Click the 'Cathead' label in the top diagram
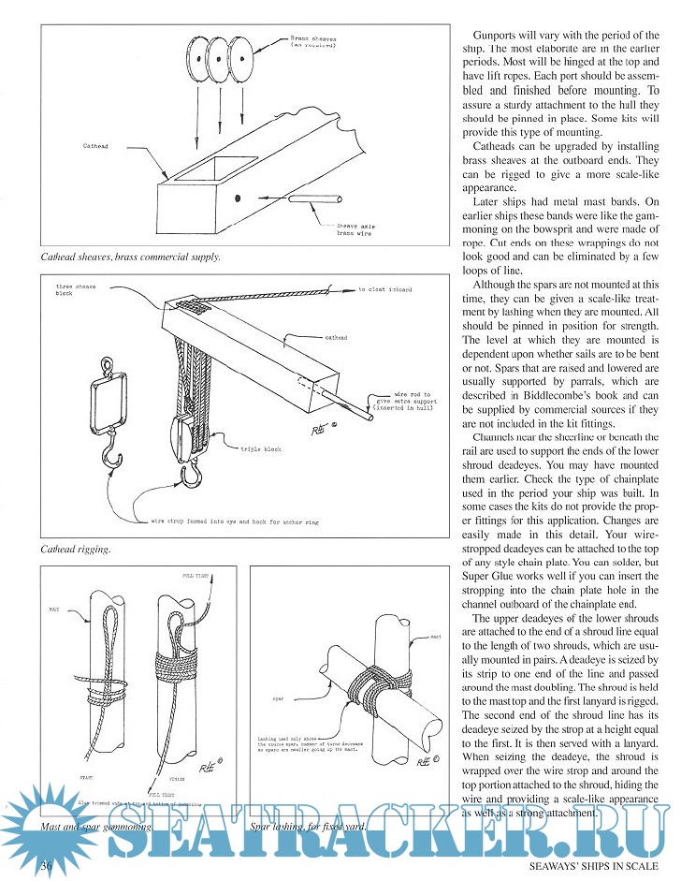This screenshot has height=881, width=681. point(99,146)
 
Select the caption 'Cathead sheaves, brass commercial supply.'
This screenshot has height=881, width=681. point(130,256)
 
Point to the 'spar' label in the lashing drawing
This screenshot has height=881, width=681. point(278,697)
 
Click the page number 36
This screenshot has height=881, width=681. point(45,866)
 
